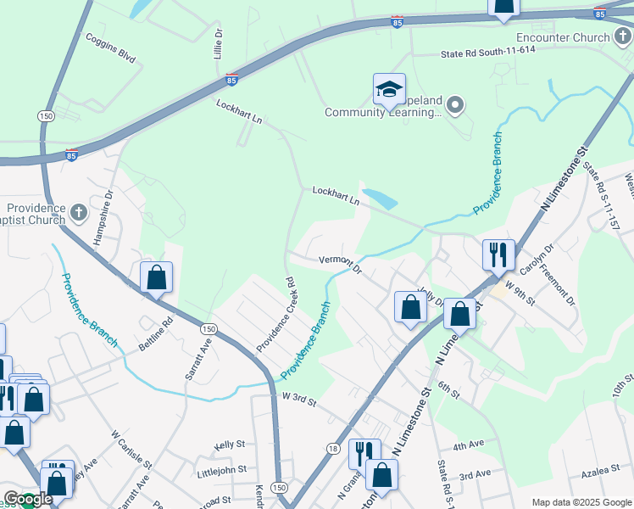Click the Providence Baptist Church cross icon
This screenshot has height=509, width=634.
(x=79, y=211)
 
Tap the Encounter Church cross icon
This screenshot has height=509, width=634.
(x=622, y=37)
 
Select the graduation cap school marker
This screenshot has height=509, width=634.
(x=390, y=90)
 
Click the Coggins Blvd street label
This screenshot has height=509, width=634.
(x=110, y=48)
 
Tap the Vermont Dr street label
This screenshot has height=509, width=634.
(x=340, y=264)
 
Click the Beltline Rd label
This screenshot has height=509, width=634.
(x=157, y=334)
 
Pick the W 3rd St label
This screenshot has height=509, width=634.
(x=298, y=398)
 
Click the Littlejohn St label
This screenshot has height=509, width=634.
(x=221, y=468)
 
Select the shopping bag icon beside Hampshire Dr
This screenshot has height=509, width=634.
(x=156, y=277)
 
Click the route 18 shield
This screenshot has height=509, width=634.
(x=332, y=448)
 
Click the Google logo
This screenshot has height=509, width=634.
(x=27, y=500)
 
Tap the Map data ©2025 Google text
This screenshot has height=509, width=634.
(x=581, y=502)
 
